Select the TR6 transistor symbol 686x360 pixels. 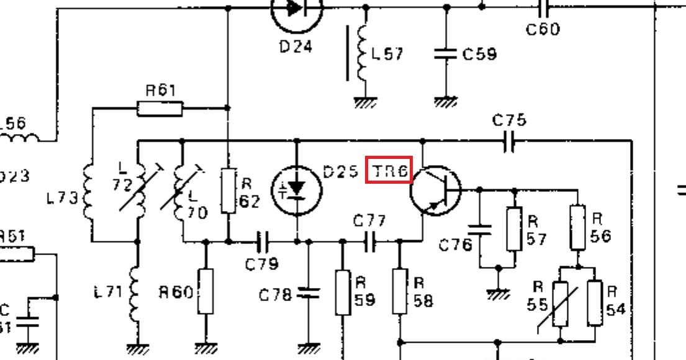click(x=436, y=191)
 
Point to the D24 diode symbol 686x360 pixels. click(x=297, y=8)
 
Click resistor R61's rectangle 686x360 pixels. click(x=160, y=109)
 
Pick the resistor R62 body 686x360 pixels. click(x=228, y=191)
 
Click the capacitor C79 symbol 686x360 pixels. click(x=263, y=241)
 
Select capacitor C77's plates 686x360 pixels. click(x=370, y=241)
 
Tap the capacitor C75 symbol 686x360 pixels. click(x=510, y=142)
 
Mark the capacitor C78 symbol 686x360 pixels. click(x=307, y=293)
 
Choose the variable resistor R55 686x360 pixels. click(x=560, y=304)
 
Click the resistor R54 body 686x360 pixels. click(x=595, y=304)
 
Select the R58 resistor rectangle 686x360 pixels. click(x=400, y=292)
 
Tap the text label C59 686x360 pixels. click(x=479, y=54)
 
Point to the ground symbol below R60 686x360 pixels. click(x=205, y=348)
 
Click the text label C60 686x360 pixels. click(x=543, y=29)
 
